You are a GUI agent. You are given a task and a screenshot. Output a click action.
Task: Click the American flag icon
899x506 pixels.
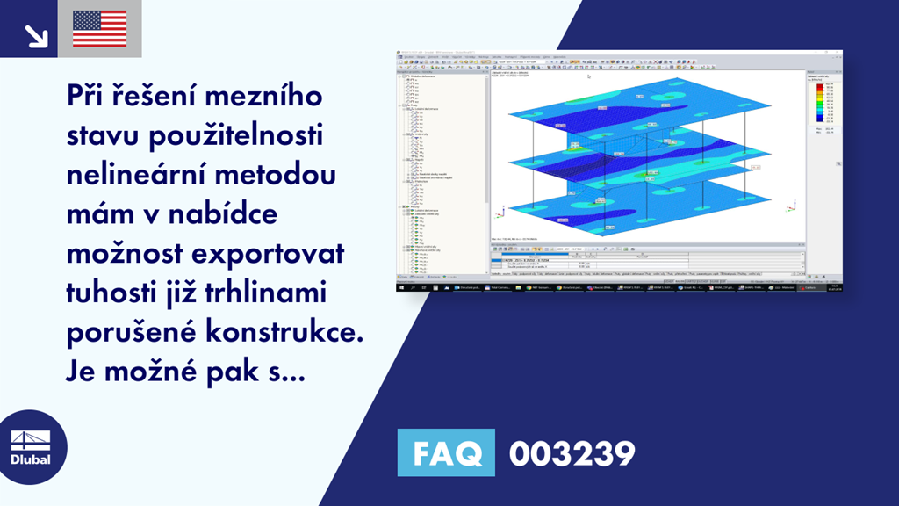[100, 28]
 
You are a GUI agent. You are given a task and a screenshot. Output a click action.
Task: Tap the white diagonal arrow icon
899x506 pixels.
[36, 34]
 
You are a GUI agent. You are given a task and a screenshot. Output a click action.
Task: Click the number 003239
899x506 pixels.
[572, 454]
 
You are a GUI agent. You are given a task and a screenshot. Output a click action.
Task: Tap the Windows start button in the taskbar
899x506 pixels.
[401, 287]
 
